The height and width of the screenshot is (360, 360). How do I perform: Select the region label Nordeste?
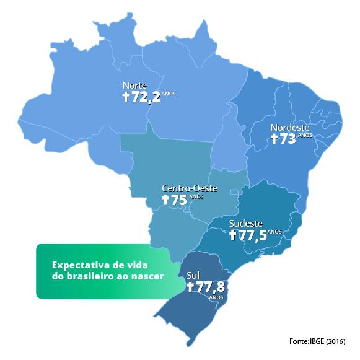(x=290, y=128)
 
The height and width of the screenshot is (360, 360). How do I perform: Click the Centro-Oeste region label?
(x=189, y=188)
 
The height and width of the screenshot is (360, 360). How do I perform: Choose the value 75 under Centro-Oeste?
(x=180, y=200)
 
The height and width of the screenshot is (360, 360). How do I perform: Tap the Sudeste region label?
(x=246, y=223)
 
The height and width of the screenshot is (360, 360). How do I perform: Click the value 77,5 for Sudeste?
(x=253, y=235)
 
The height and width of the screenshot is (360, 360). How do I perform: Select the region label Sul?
(x=193, y=274)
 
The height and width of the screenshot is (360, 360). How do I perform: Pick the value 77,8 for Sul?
(x=211, y=287)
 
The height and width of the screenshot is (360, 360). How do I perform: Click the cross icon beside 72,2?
(x=126, y=97)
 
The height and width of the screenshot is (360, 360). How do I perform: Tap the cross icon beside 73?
(x=274, y=139)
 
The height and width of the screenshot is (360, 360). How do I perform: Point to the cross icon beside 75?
(x=165, y=200)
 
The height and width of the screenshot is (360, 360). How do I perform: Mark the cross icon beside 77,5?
(x=233, y=235)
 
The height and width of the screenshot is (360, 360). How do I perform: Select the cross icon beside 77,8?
(x=190, y=287)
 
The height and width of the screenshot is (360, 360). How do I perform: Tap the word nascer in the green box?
(x=149, y=277)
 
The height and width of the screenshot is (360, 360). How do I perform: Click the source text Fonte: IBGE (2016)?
(x=317, y=341)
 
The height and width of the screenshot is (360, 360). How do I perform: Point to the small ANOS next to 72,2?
(x=169, y=94)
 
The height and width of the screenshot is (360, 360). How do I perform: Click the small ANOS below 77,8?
(x=216, y=297)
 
